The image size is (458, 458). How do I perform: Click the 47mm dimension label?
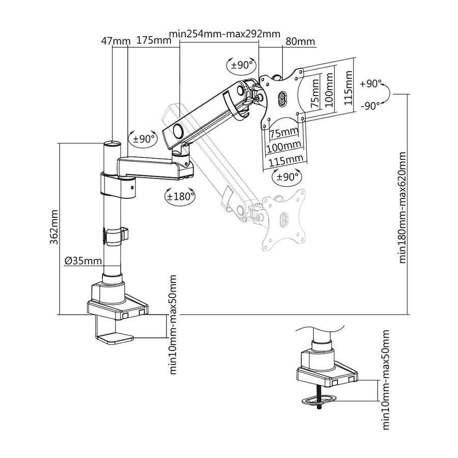pyautogui.click(x=113, y=41)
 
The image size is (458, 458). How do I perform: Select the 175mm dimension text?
pyautogui.click(x=153, y=41)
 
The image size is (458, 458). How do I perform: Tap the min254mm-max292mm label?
pyautogui.click(x=225, y=34)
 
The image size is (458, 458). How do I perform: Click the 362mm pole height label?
pyautogui.click(x=54, y=228)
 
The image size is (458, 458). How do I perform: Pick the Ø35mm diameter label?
pyautogui.click(x=83, y=261)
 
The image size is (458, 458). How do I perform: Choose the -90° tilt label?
pyautogui.click(x=370, y=106)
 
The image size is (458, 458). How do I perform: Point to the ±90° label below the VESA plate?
pyautogui.click(x=285, y=177)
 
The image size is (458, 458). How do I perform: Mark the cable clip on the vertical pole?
pyautogui.click(x=116, y=236)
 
